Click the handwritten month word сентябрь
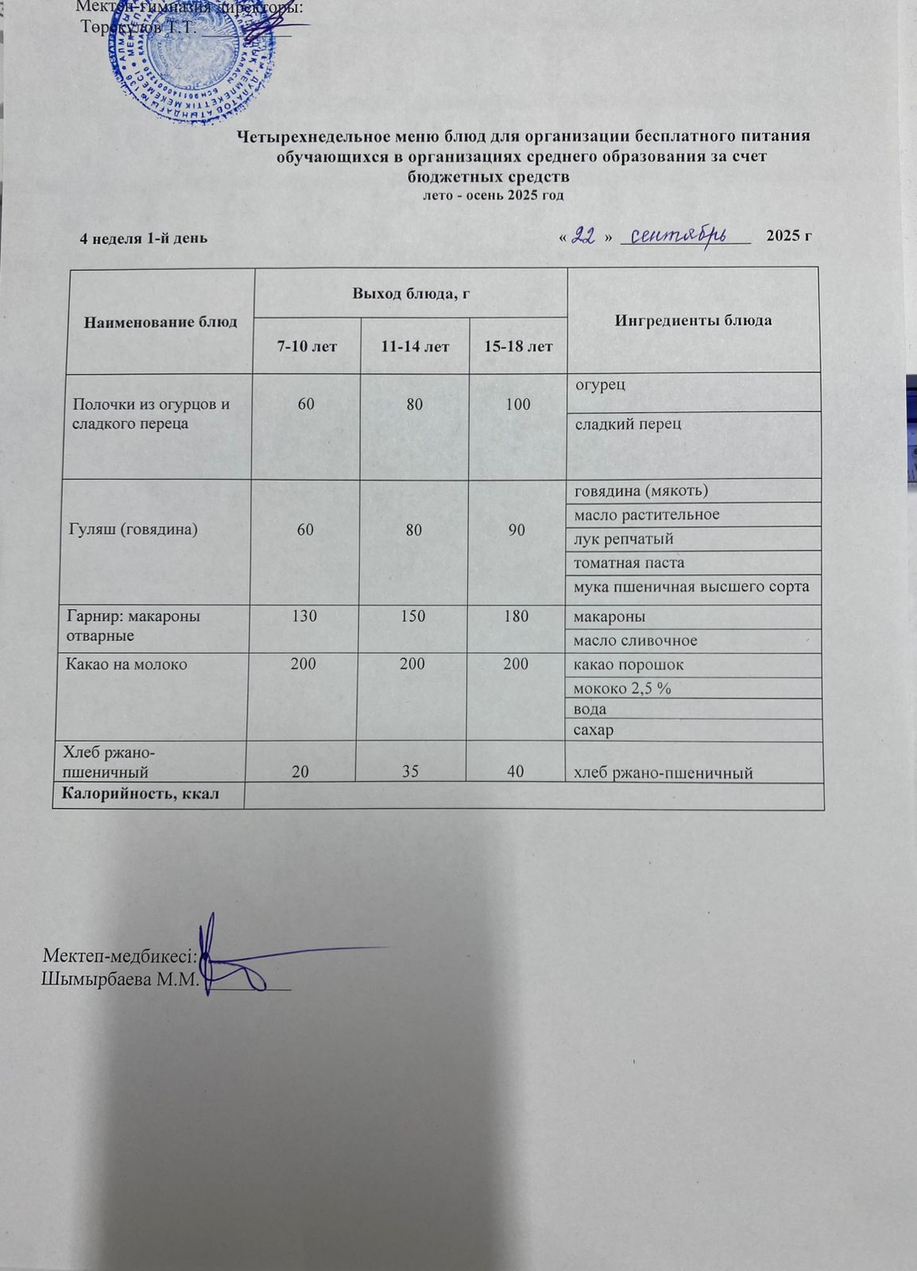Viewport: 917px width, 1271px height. tap(683, 235)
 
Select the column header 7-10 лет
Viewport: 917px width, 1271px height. tap(307, 346)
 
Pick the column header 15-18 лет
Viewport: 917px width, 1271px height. tap(518, 346)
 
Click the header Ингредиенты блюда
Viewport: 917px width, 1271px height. tap(693, 321)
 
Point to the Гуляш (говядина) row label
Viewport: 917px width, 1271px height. tap(133, 529)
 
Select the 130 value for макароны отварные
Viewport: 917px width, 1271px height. tap(305, 616)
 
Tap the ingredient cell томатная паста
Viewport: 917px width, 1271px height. tap(629, 563)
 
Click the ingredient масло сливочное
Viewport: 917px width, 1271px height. tap(636, 640)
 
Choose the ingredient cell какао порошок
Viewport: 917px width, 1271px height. tap(629, 665)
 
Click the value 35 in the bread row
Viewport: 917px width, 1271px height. tap(412, 770)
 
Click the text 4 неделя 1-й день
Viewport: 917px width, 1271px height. tap(144, 238)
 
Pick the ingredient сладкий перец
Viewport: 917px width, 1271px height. tap(629, 424)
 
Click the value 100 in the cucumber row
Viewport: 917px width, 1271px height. tap(517, 404)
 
